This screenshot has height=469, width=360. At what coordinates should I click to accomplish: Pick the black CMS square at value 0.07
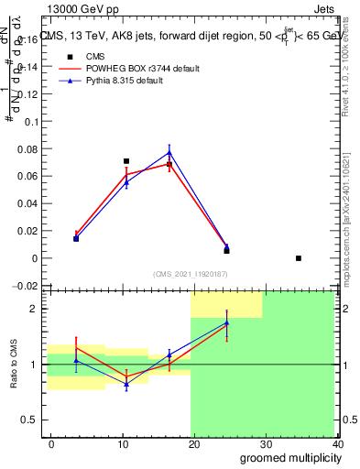(x=126, y=161)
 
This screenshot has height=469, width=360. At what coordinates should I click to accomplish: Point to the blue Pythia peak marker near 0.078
(x=169, y=152)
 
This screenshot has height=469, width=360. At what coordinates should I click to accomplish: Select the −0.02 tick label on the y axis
(x=24, y=286)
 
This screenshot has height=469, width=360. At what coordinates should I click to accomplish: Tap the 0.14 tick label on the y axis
(x=26, y=67)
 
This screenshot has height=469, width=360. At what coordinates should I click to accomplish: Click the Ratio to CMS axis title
(x=13, y=364)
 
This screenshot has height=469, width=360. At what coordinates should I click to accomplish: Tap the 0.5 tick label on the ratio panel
(x=29, y=420)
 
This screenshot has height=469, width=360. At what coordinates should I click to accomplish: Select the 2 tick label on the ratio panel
(x=34, y=309)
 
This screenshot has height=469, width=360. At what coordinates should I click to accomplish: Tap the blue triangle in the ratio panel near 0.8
(x=126, y=384)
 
